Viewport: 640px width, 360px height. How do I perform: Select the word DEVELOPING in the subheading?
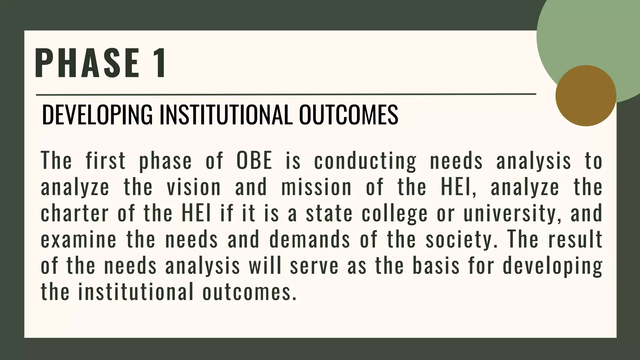[97, 115]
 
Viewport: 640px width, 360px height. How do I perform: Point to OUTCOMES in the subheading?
[348, 115]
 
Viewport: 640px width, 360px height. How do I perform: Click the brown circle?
[586, 96]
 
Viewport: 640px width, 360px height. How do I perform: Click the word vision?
[194, 187]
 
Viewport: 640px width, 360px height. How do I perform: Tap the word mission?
[316, 187]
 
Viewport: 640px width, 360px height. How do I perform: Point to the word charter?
[75, 213]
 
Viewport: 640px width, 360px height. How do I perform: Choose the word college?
[395, 214]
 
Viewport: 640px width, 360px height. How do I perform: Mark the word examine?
[78, 239]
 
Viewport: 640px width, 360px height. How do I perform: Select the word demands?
[309, 239]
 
